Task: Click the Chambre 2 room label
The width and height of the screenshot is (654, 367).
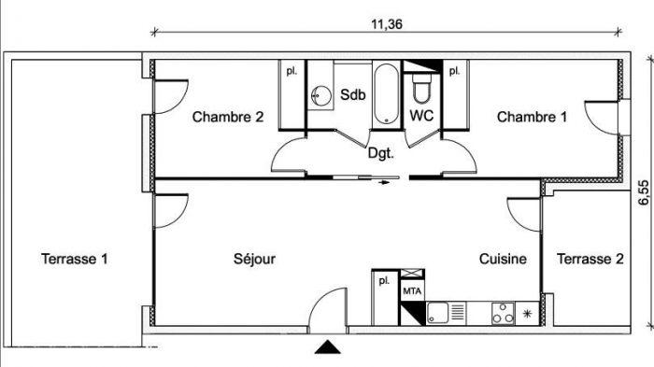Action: [x=228, y=117]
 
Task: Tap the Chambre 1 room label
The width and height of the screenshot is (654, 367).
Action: [x=532, y=117]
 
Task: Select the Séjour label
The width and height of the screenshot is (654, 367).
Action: [x=254, y=259]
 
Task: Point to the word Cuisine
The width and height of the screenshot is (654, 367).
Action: [x=503, y=259]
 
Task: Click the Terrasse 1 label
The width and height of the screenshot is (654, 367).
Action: [x=74, y=259]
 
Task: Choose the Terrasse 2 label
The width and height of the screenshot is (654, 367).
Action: [x=590, y=259]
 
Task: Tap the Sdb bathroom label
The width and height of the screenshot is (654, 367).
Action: [x=353, y=94]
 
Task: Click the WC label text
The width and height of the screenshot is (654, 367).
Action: [x=421, y=116]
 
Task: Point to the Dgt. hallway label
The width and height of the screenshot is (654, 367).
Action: [x=380, y=153]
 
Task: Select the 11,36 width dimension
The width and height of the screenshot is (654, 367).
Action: [x=387, y=24]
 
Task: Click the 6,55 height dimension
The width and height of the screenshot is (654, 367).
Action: [x=644, y=192]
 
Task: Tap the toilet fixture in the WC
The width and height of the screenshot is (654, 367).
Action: [x=420, y=88]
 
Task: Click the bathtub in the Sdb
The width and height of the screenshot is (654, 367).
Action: [x=386, y=94]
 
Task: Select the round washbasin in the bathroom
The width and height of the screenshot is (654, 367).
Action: [x=321, y=96]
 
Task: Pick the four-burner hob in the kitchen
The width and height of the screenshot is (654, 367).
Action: [x=503, y=314]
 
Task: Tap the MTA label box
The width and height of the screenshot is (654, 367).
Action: [x=412, y=290]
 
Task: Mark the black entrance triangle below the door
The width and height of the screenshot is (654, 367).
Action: [x=327, y=347]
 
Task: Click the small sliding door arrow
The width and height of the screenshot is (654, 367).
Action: [x=384, y=182]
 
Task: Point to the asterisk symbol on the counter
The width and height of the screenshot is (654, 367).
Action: [x=527, y=314]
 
